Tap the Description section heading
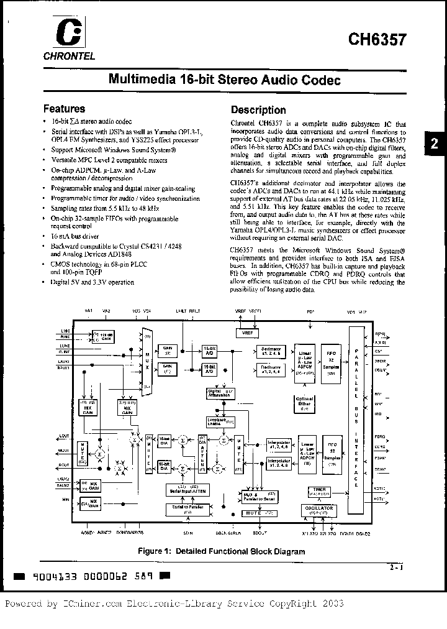[258, 110]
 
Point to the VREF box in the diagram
[246, 333]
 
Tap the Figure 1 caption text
[222, 551]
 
